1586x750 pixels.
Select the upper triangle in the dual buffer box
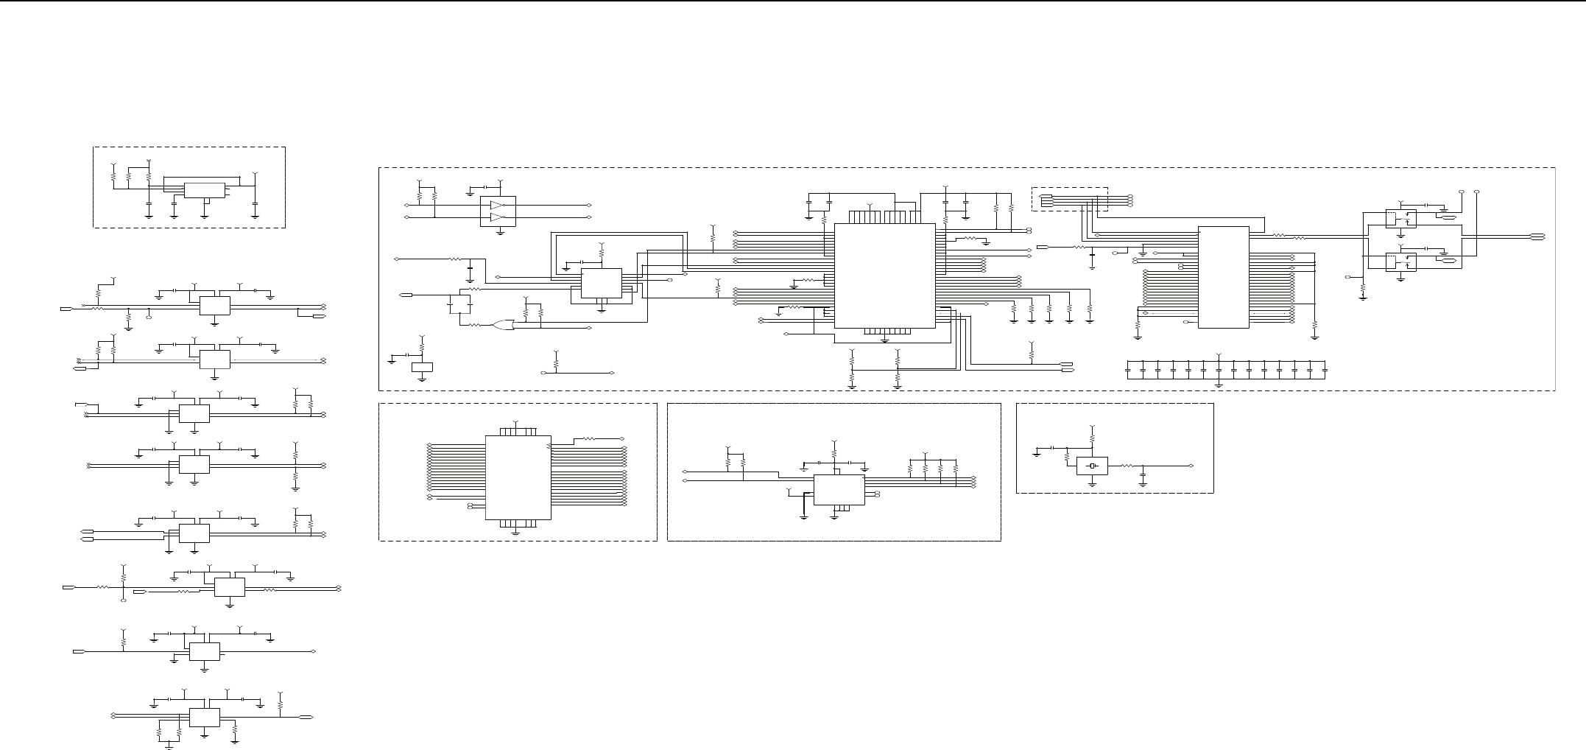pos(498,205)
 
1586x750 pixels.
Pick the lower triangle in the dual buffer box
pos(498,217)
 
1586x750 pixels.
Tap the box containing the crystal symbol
pos(1092,466)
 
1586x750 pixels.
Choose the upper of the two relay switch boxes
pos(1400,218)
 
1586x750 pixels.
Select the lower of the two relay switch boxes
pos(1400,261)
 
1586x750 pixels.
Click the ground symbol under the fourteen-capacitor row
pos(1219,385)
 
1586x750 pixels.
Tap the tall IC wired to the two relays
pos(1223,277)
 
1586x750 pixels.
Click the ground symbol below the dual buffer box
pos(501,232)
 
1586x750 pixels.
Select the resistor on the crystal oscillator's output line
pos(1127,466)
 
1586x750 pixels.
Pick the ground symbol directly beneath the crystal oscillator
pos(1093,483)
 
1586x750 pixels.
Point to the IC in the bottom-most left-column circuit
pos(204,717)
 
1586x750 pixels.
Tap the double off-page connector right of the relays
pos(1537,236)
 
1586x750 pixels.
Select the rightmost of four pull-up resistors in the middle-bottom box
pos(956,469)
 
